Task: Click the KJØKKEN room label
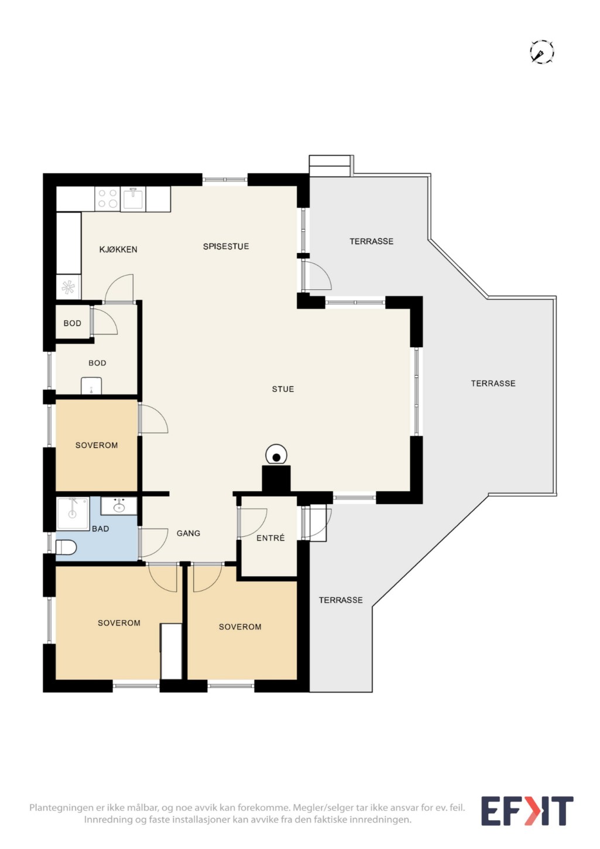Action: coord(118,249)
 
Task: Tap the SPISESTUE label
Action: coord(226,247)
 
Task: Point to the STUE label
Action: coord(283,389)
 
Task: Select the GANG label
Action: coord(188,533)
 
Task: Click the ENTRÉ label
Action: coord(270,538)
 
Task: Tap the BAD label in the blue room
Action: coord(101,529)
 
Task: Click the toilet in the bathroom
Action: coord(66,547)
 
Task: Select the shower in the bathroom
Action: coord(73,514)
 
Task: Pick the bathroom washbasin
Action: coord(119,506)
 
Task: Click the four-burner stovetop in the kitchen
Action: coord(108,199)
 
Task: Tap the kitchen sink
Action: coord(133,199)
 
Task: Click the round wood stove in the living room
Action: coord(276,454)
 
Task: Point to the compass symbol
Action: coord(541,51)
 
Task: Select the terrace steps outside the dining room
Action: coord(330,166)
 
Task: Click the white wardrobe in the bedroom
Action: coord(172,651)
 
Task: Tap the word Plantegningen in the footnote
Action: coord(61,807)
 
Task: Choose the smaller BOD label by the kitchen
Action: coord(73,323)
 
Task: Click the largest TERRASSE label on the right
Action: coord(493,383)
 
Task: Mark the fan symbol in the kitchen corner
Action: coord(68,287)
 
